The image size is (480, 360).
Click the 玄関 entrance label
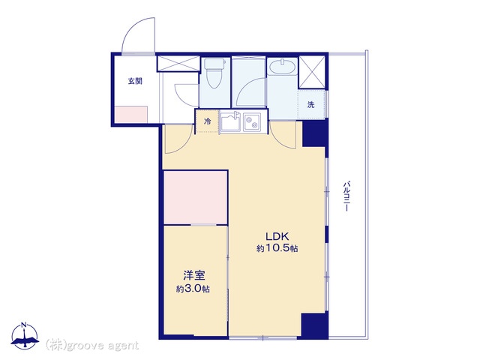point(135,82)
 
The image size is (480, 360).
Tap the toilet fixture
point(214,73)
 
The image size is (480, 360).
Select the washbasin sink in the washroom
point(283,67)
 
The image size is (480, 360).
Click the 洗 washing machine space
point(311,105)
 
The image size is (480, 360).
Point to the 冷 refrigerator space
point(208,121)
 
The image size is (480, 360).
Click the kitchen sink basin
point(231,122)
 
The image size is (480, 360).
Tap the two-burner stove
point(252,122)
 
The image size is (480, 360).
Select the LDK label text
point(277,236)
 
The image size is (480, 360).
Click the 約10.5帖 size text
point(277,248)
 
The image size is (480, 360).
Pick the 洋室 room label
point(194,276)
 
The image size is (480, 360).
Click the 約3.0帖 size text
point(193,289)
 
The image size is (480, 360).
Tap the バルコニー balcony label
point(346,196)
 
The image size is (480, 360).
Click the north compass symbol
point(25,336)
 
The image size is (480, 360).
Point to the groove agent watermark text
point(92,346)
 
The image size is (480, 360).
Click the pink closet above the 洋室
point(195,198)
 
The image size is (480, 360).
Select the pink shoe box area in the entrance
point(131,115)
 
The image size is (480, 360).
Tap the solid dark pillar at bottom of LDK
point(315,325)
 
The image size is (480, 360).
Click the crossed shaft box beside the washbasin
point(312,72)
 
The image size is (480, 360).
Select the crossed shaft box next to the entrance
point(178,63)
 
